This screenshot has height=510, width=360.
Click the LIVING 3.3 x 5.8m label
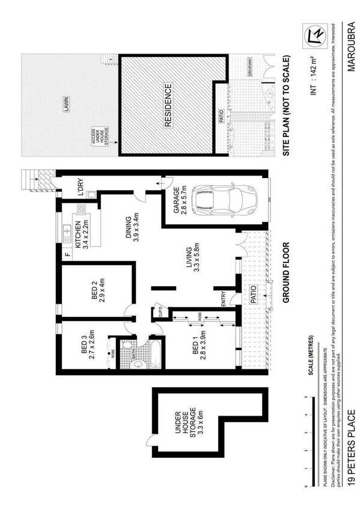pyautogui.click(x=192, y=259)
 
